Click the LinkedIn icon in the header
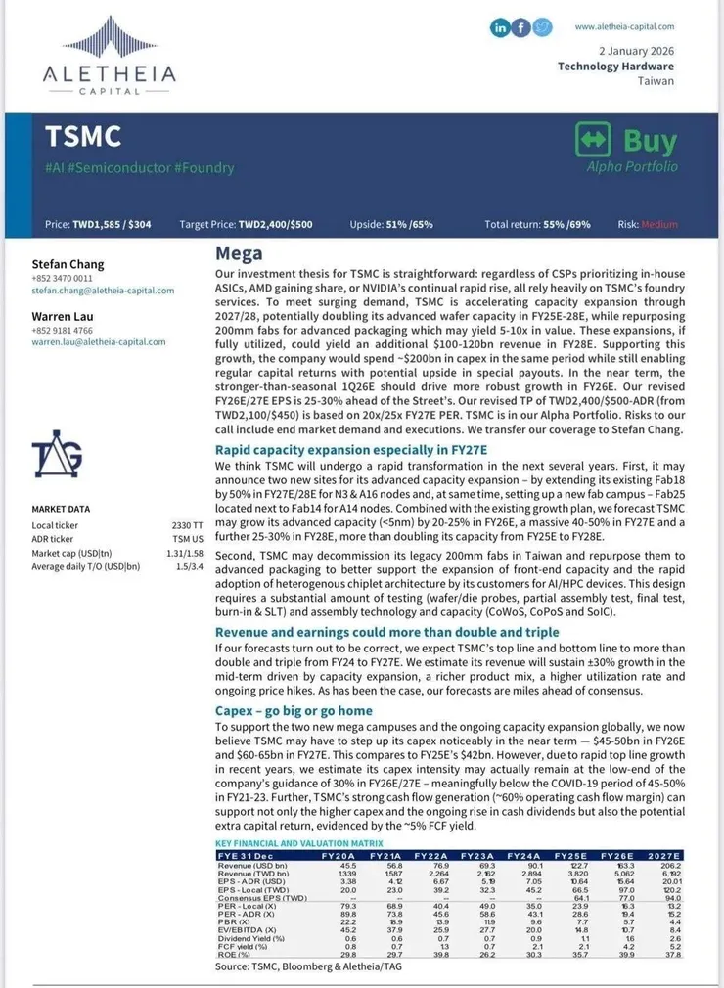500,28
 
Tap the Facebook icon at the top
521,28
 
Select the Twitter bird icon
543,28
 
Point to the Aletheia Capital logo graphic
109,38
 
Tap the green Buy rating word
650,141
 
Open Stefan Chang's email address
103,291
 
